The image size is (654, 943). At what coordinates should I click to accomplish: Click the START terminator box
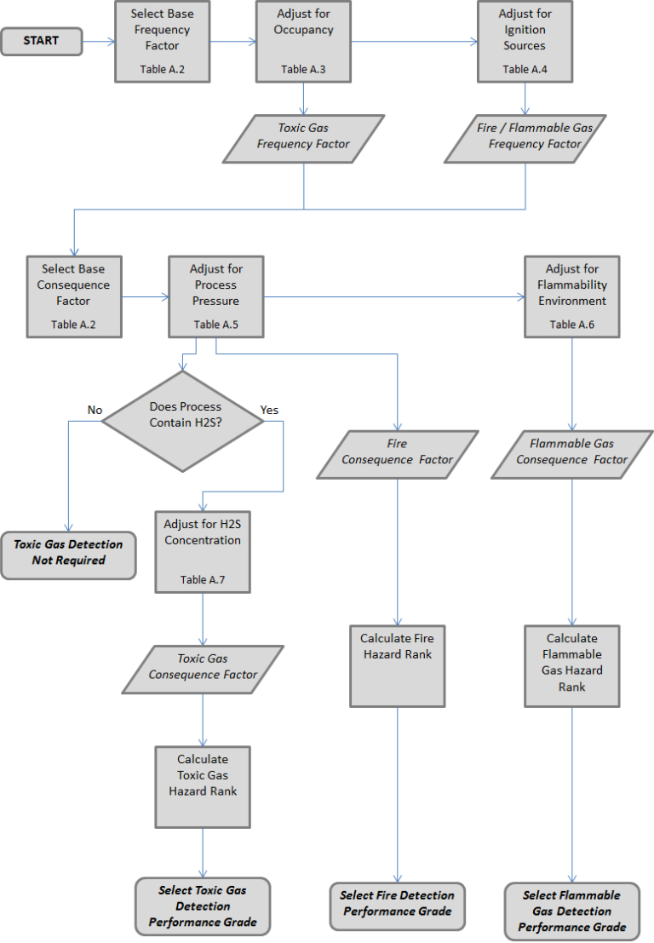point(42,41)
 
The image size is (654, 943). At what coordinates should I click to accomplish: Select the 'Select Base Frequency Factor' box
point(162,41)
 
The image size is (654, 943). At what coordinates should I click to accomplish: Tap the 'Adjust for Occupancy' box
point(303,41)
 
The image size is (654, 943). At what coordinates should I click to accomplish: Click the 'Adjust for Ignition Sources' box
point(525,41)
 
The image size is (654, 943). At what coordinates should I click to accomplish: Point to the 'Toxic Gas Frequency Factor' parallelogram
point(303,137)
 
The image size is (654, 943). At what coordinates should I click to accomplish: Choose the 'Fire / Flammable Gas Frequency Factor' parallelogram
point(525,137)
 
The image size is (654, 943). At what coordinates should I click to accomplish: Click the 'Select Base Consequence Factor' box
point(74,296)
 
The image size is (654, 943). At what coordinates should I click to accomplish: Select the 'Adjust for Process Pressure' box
point(215,296)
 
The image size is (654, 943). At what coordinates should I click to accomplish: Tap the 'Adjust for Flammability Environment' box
point(572,296)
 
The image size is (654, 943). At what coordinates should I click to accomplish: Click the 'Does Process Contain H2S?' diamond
point(183,415)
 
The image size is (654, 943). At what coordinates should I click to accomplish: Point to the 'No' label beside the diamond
point(95,410)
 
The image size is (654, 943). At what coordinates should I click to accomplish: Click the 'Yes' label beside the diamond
point(269,410)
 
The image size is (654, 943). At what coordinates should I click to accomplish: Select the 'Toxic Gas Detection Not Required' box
point(68,552)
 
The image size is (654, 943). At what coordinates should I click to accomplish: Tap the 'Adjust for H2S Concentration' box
point(203,551)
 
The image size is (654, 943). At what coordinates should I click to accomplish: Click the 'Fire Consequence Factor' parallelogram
point(397,452)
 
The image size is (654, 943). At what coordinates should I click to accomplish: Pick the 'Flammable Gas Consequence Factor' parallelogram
point(571,452)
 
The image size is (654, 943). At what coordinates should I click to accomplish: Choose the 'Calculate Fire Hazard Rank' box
point(397,665)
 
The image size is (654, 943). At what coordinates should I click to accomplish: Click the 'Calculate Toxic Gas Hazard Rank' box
point(203,786)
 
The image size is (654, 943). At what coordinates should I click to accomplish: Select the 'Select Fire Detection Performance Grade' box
point(397,904)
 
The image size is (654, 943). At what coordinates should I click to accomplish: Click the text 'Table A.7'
point(203,579)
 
